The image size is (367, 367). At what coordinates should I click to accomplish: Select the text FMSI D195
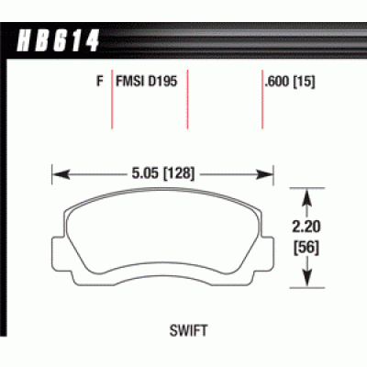pos(149,80)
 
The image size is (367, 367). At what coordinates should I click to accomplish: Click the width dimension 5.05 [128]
pos(165,170)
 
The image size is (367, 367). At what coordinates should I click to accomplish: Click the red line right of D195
pos(187,101)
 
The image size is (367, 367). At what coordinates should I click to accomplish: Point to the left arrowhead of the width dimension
pos(58,170)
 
